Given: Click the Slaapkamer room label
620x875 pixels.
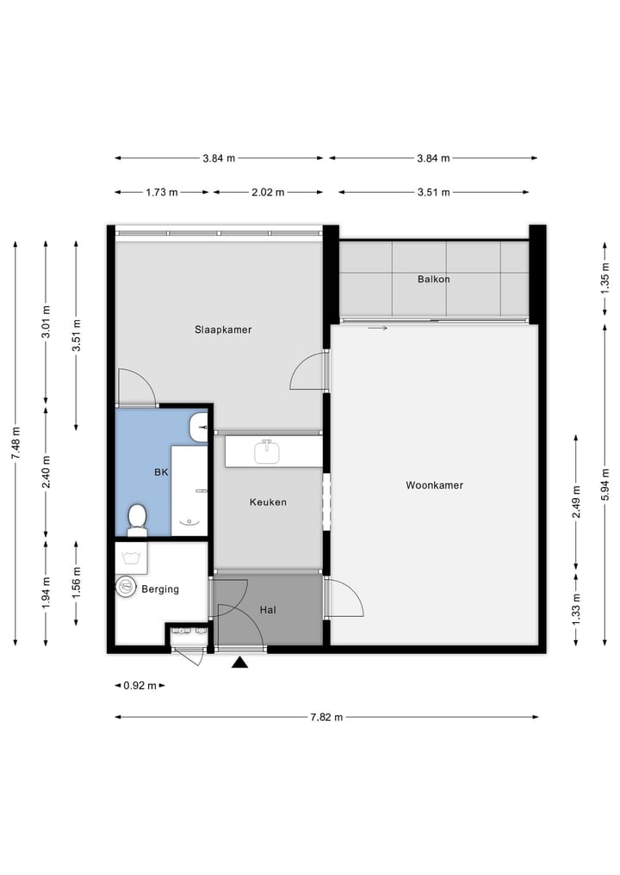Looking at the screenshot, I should pyautogui.click(x=223, y=330).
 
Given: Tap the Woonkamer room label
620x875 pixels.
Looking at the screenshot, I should pyautogui.click(x=434, y=485).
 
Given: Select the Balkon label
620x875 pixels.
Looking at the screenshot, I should pyautogui.click(x=433, y=279).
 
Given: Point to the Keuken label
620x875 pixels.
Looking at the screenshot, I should pyautogui.click(x=268, y=502).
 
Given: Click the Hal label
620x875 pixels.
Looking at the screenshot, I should pyautogui.click(x=267, y=610).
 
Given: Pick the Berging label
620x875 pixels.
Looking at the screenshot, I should pyautogui.click(x=160, y=589).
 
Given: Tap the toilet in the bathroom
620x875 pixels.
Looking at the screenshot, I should pyautogui.click(x=137, y=520).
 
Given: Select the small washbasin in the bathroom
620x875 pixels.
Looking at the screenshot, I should pyautogui.click(x=200, y=426).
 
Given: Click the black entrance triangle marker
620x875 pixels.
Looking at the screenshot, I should pyautogui.click(x=240, y=662).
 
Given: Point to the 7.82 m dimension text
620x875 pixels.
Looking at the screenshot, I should pyautogui.click(x=326, y=717).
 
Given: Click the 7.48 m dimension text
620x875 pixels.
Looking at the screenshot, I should pyautogui.click(x=15, y=444).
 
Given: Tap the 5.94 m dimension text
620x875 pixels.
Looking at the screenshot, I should pyautogui.click(x=605, y=481).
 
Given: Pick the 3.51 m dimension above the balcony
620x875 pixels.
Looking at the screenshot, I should pyautogui.click(x=433, y=193).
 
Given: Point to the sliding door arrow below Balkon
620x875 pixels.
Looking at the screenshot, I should pyautogui.click(x=377, y=328).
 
